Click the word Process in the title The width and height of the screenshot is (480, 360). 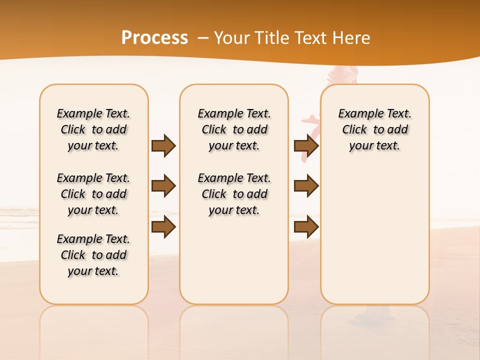[154, 37]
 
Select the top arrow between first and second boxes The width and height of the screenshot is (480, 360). [163, 145]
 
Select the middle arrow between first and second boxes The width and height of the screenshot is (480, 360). [163, 186]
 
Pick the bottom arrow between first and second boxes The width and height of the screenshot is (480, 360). [163, 227]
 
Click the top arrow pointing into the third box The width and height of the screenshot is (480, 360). [306, 145]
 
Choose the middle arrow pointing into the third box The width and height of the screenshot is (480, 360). [306, 186]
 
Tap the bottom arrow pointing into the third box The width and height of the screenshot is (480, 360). [306, 227]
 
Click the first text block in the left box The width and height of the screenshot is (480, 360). [93, 129]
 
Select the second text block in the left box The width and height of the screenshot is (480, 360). [93, 194]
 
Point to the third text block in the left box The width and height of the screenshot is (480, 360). [93, 255]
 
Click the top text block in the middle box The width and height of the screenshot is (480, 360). [234, 129]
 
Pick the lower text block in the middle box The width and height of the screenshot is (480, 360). [234, 194]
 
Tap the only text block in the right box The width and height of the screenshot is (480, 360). [374, 129]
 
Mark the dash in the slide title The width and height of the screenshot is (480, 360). [202, 38]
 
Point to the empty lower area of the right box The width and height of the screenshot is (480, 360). [374, 235]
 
